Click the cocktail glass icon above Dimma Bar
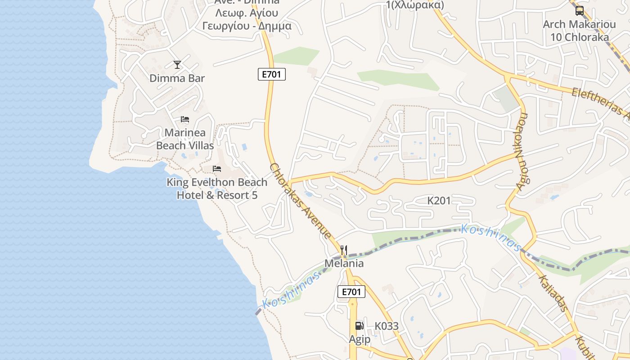tap(177, 65)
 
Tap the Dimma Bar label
tap(177, 78)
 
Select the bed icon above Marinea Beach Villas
tap(184, 119)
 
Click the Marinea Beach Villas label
tap(185, 139)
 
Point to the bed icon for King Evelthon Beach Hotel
tap(217, 169)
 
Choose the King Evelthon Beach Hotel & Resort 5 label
tap(217, 189)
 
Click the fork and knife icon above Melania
tap(344, 250)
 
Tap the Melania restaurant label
tap(344, 263)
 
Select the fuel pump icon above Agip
tap(359, 326)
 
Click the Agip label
tap(360, 339)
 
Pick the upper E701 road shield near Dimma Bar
tap(272, 74)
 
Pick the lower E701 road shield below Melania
tap(351, 292)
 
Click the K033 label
tap(387, 326)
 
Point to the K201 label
tap(439, 201)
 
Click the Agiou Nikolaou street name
tap(522, 152)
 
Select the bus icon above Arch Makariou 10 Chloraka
tap(579, 11)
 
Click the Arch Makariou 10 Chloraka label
tap(579, 31)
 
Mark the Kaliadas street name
tap(553, 292)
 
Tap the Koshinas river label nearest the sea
tap(292, 288)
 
